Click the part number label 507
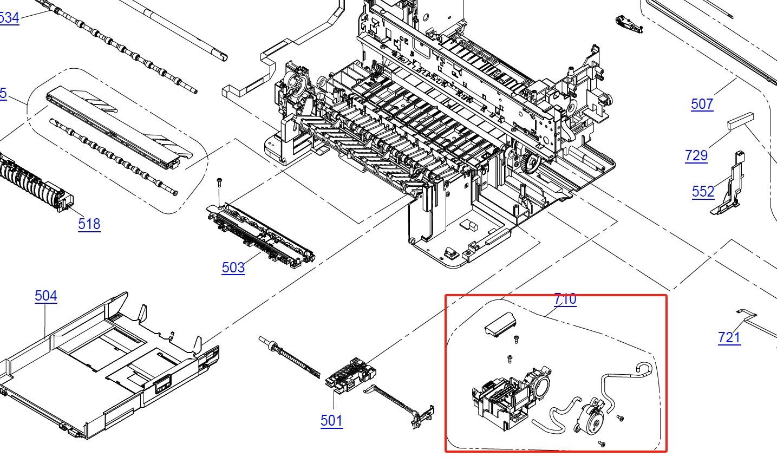click(702, 104)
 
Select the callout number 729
click(696, 155)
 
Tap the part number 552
click(703, 191)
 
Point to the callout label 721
click(729, 337)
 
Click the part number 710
click(565, 299)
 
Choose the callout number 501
click(331, 421)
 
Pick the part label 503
click(233, 268)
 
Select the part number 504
click(45, 296)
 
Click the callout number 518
click(89, 224)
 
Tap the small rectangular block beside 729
click(740, 120)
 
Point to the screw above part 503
click(219, 182)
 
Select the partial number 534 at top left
click(9, 18)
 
